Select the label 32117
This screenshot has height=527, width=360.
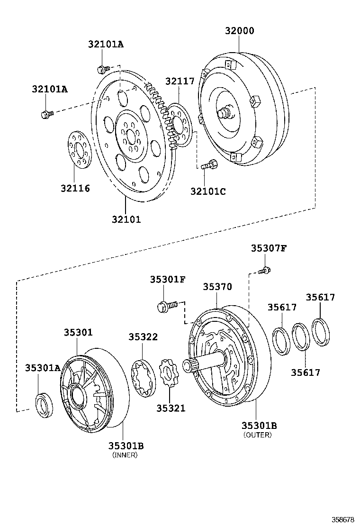(180, 81)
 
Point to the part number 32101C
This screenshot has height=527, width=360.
(208, 191)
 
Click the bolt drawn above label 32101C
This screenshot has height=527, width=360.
(208, 166)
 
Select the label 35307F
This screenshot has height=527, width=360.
(269, 248)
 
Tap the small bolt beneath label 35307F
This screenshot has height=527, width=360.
(265, 271)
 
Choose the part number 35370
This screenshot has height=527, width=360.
(217, 287)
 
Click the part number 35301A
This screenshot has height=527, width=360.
(43, 368)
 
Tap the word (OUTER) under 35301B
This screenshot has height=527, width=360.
(258, 435)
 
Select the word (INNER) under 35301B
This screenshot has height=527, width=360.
(125, 455)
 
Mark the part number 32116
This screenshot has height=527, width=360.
(75, 188)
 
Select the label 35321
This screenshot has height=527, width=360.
(171, 408)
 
